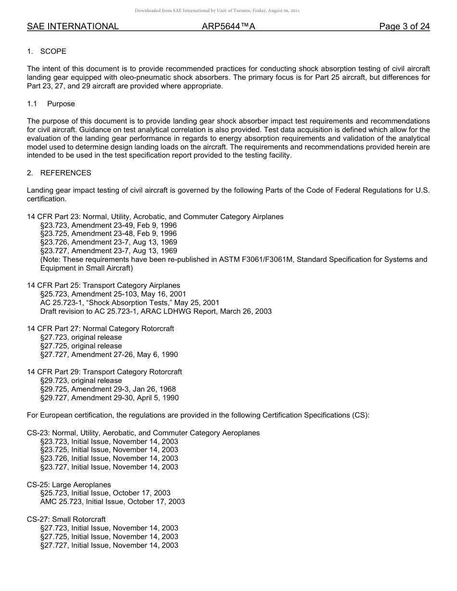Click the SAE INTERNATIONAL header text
[x=73, y=26]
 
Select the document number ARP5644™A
[x=228, y=26]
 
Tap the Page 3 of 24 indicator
[x=404, y=26]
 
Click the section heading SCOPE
[x=53, y=51]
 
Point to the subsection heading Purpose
[x=61, y=104]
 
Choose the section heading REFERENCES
[x=65, y=173]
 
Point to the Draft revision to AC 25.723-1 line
[x=156, y=311]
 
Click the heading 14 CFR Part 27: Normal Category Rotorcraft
[x=101, y=329]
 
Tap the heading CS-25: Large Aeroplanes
[x=69, y=485]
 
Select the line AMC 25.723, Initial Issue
[x=113, y=502]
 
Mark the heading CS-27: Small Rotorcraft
[x=66, y=519]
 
